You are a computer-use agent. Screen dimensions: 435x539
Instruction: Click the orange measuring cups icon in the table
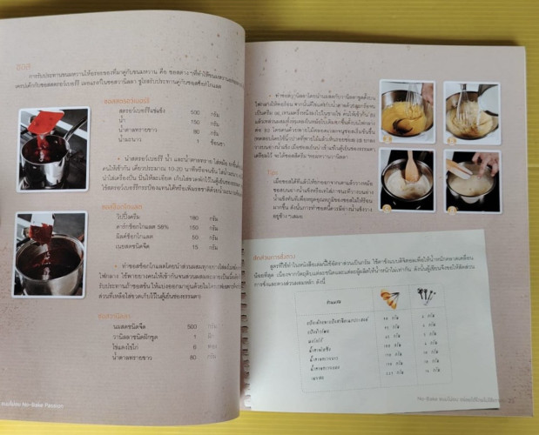[x=387, y=299]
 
